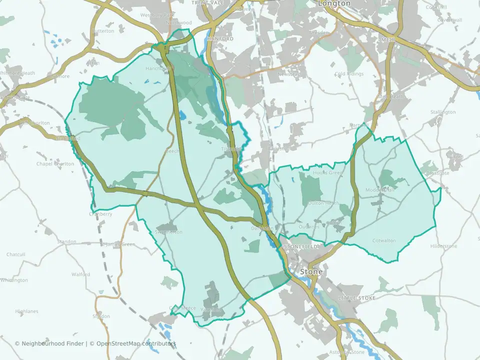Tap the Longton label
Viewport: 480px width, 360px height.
334,3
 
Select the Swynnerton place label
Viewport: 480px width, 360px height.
169,232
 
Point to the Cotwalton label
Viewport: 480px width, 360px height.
384,240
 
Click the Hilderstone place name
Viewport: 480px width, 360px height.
444,246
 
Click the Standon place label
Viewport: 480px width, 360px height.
67,241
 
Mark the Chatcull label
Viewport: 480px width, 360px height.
15,254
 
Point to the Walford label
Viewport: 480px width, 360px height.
80,274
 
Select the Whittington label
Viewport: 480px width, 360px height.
14,280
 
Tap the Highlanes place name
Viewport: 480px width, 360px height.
26,311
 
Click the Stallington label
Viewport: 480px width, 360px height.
443,112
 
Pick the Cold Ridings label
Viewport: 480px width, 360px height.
349,74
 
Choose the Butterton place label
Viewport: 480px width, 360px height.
103,31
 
